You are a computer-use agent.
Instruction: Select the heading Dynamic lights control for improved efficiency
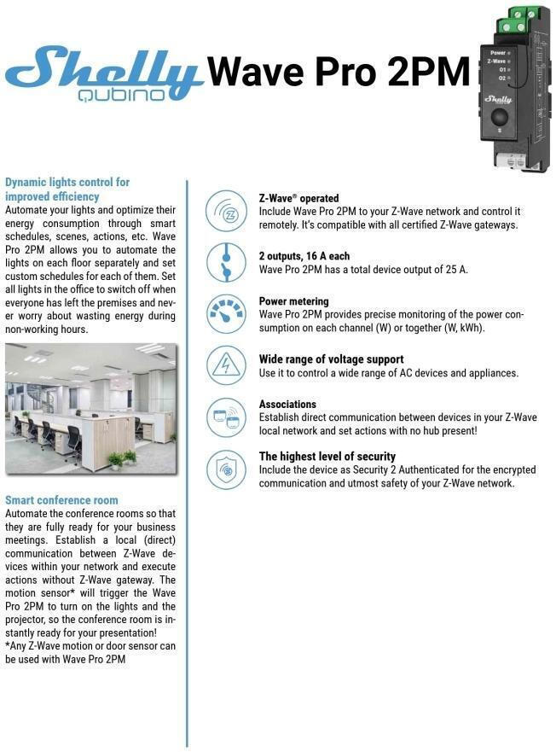click(67, 189)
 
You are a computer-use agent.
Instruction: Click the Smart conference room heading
click(61, 500)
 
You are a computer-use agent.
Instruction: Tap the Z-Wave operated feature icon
click(227, 211)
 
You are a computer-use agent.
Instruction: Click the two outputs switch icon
click(227, 262)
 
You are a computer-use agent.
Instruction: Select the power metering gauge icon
click(227, 314)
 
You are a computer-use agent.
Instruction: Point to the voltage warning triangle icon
click(227, 366)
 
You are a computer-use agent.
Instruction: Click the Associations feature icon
click(227, 417)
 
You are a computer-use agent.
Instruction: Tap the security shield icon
click(227, 469)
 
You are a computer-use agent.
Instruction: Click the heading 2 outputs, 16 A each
click(304, 256)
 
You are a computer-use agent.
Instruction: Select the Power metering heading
click(293, 301)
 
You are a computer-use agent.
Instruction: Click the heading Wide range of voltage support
click(331, 359)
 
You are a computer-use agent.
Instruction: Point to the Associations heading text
click(287, 405)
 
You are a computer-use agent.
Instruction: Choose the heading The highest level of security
click(327, 457)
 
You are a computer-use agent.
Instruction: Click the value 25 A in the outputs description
click(457, 270)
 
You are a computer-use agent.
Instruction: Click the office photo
click(91, 409)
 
